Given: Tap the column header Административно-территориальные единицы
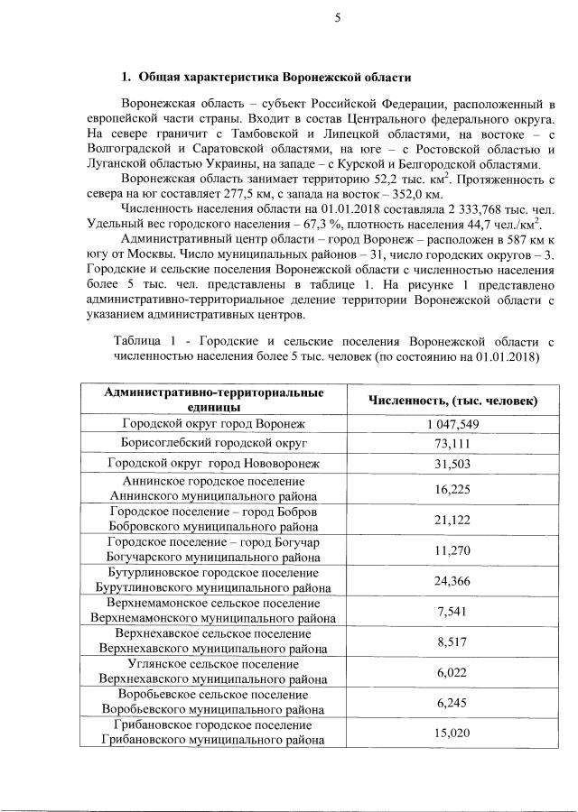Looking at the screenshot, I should pos(214,401).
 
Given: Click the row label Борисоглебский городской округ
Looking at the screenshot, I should pos(214,443).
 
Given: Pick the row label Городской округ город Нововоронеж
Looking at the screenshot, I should pos(214,464).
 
